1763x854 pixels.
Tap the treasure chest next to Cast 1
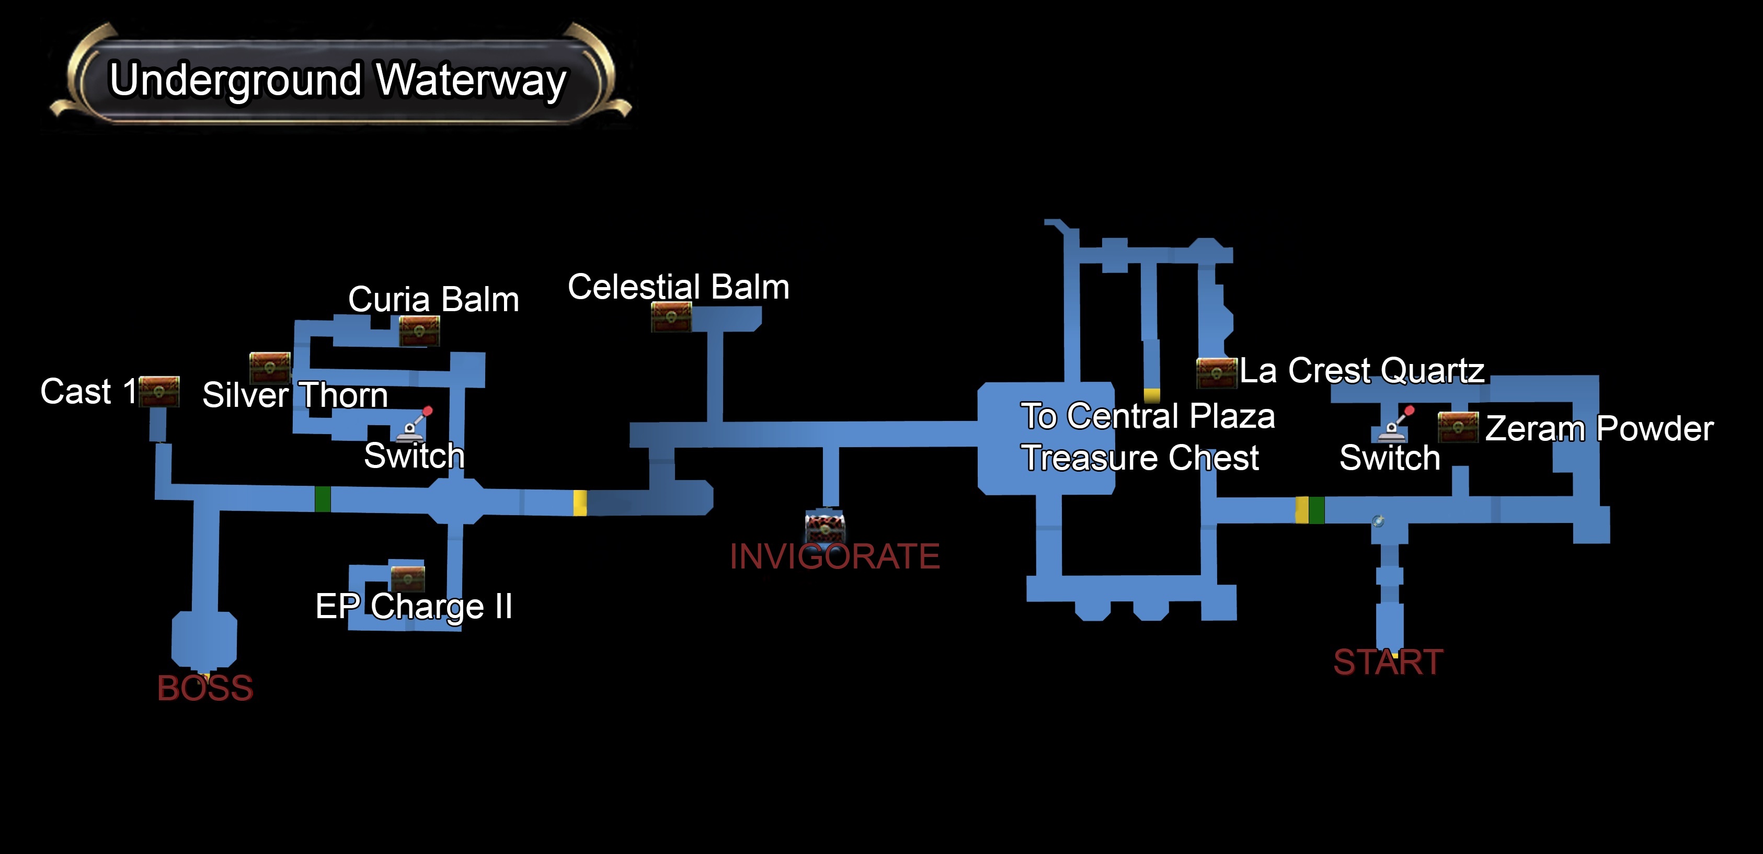(x=159, y=391)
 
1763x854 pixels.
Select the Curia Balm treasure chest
(x=419, y=331)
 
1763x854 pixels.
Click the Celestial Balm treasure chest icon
(x=671, y=317)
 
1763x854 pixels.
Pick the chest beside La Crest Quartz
(x=1216, y=373)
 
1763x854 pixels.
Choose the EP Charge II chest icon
(x=408, y=578)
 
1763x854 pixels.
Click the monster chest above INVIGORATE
(x=825, y=526)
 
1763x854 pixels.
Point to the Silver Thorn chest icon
(x=270, y=368)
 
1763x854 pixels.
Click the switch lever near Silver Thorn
(x=415, y=424)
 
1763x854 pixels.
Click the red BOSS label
(x=205, y=688)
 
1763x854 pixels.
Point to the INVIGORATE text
(x=834, y=555)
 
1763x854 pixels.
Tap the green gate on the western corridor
(x=323, y=498)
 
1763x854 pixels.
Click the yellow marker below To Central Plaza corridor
(x=1152, y=395)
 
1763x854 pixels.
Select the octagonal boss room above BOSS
(x=204, y=640)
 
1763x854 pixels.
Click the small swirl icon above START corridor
(x=1378, y=521)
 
